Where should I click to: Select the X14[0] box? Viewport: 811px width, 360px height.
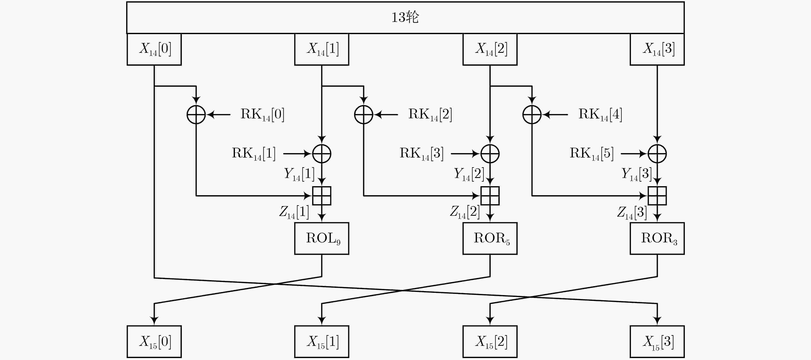[x=154, y=49]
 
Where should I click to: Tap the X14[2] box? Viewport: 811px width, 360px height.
[x=490, y=49]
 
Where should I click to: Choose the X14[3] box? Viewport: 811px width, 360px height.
[x=657, y=49]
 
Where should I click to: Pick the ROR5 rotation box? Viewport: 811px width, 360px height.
[x=490, y=238]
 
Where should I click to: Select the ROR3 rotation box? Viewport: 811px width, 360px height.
[x=657, y=238]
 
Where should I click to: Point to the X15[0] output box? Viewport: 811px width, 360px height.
[x=154, y=341]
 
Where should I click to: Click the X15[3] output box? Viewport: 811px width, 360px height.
[x=657, y=341]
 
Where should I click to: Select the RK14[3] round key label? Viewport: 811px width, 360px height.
[x=422, y=153]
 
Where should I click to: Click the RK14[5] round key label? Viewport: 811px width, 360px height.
[x=592, y=153]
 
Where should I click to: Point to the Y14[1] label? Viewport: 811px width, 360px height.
[x=299, y=174]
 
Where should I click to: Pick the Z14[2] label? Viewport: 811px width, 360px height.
[x=465, y=212]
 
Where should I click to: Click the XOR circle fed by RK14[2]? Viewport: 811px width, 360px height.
[x=364, y=114]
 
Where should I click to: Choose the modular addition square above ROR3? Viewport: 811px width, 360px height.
[x=657, y=196]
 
